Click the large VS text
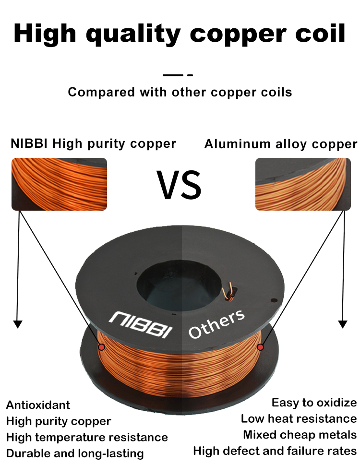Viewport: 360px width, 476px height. [x=179, y=185]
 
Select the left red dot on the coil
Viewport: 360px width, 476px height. [x=101, y=346]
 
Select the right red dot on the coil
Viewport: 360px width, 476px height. [x=260, y=347]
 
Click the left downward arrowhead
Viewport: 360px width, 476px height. [x=18, y=324]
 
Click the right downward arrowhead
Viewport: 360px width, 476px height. [x=343, y=324]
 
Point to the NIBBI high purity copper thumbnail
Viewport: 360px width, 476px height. [x=59, y=184]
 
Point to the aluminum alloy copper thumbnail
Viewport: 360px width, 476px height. [x=303, y=184]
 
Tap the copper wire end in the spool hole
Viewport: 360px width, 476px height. [x=228, y=291]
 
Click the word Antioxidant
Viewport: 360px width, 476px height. [x=38, y=405]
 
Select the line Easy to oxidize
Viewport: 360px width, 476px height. [x=314, y=403]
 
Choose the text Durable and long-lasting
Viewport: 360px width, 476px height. [x=75, y=453]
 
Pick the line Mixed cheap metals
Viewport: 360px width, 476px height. [x=300, y=435]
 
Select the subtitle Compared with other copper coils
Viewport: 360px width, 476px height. [x=180, y=92]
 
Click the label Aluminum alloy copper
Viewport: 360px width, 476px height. [x=281, y=144]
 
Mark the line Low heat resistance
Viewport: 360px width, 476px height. [x=299, y=418]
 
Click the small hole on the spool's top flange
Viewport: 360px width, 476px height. [x=274, y=300]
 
